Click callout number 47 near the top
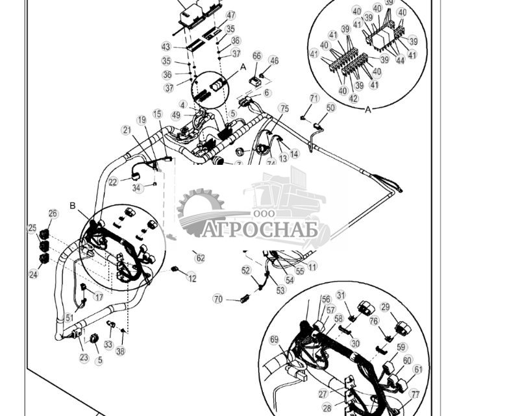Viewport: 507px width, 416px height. (230, 15)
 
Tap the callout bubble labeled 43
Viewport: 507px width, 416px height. (166, 47)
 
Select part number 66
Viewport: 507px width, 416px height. (257, 56)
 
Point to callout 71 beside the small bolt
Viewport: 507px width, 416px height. (314, 99)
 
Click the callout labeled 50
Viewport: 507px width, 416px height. (331, 108)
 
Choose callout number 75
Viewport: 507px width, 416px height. (284, 108)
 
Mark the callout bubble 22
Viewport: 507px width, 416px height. (113, 182)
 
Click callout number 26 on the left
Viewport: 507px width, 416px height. (53, 214)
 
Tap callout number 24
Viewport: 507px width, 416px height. (33, 275)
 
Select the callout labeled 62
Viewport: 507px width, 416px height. (200, 258)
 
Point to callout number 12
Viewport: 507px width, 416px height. (192, 278)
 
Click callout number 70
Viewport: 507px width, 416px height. (218, 299)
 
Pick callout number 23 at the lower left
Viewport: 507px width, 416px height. (84, 357)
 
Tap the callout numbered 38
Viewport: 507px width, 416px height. (120, 351)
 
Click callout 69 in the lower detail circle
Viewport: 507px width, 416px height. (274, 339)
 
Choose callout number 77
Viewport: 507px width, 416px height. (415, 394)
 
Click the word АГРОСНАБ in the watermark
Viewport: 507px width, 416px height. (260, 230)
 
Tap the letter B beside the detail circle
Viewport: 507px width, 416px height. (73, 206)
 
